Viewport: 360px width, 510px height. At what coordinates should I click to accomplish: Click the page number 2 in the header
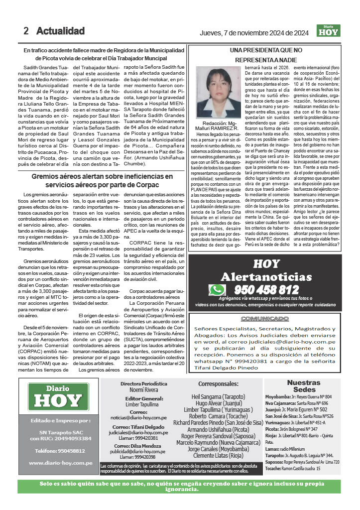[26, 31]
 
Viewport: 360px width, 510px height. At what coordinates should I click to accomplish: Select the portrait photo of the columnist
[219, 94]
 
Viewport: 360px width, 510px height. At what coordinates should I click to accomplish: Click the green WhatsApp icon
[217, 290]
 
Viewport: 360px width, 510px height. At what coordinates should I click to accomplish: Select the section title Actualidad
[60, 31]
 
